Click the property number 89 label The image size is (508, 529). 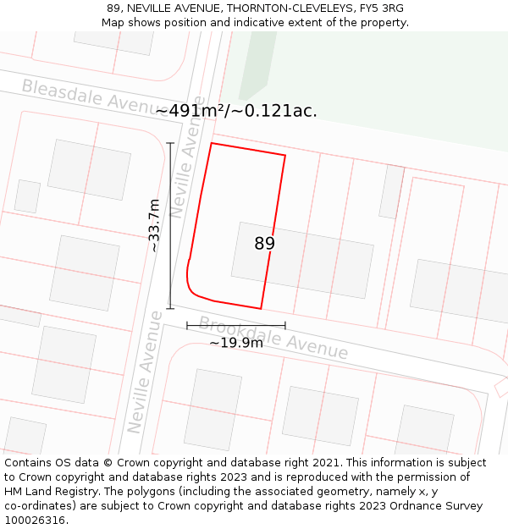click(264, 244)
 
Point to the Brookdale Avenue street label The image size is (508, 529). click(273, 338)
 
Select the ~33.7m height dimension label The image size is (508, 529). click(154, 225)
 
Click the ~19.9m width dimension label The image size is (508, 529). click(236, 343)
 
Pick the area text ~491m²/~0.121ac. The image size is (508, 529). click(236, 111)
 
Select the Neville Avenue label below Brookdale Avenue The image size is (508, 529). click(145, 372)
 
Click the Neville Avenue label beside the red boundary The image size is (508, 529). click(187, 167)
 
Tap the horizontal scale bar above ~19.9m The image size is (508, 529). click(236, 325)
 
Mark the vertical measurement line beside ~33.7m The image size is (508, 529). click(170, 225)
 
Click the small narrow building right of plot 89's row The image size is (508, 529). click(391, 192)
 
